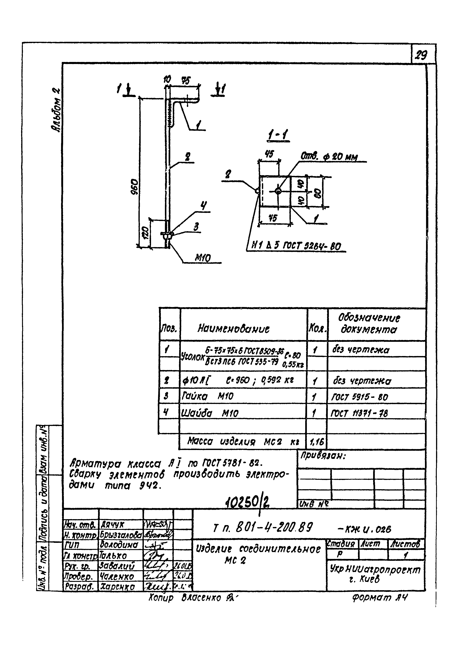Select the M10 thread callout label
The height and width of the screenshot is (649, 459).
click(x=203, y=258)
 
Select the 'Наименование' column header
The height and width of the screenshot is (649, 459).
click(x=233, y=329)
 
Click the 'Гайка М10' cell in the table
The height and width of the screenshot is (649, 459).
click(x=208, y=397)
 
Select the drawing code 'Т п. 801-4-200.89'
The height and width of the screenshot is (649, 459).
click(x=263, y=526)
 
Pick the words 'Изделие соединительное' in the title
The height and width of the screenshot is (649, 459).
click(x=259, y=549)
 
